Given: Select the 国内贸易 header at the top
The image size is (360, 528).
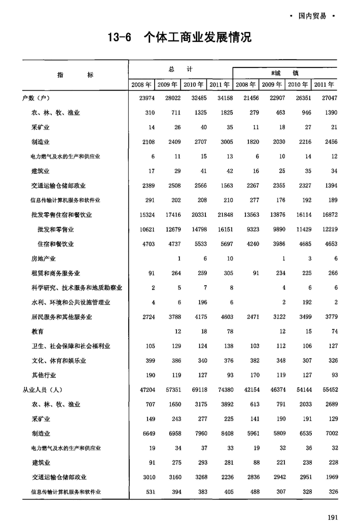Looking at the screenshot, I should point(312,16).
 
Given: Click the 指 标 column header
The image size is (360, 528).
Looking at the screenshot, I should point(75,75).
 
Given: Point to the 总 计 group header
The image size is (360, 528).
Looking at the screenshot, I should point(181,68).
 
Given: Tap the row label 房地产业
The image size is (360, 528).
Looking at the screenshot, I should point(43,259).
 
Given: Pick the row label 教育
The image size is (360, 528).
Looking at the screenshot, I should point(37,332).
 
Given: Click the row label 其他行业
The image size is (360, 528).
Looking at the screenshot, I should point(43,375).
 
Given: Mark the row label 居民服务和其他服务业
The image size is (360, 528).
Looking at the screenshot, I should point(61,317).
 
